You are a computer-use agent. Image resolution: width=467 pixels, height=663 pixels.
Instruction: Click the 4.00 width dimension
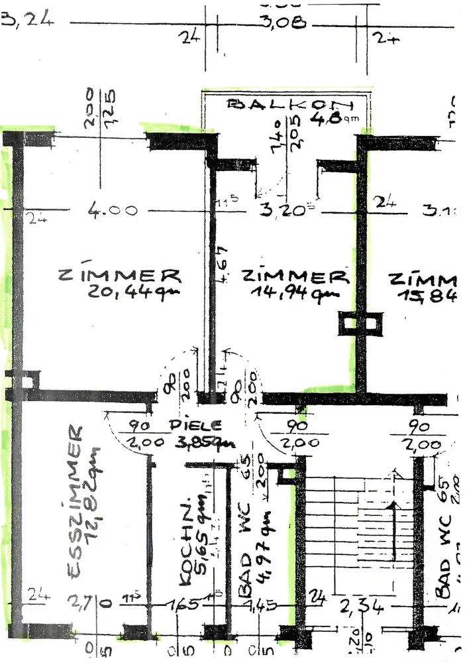(x=113, y=211)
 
